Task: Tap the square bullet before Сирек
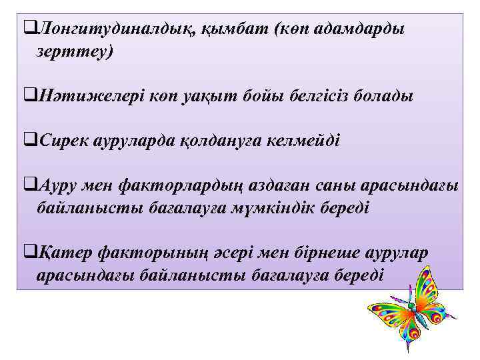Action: point(28,141)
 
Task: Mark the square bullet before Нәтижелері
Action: point(28,96)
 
